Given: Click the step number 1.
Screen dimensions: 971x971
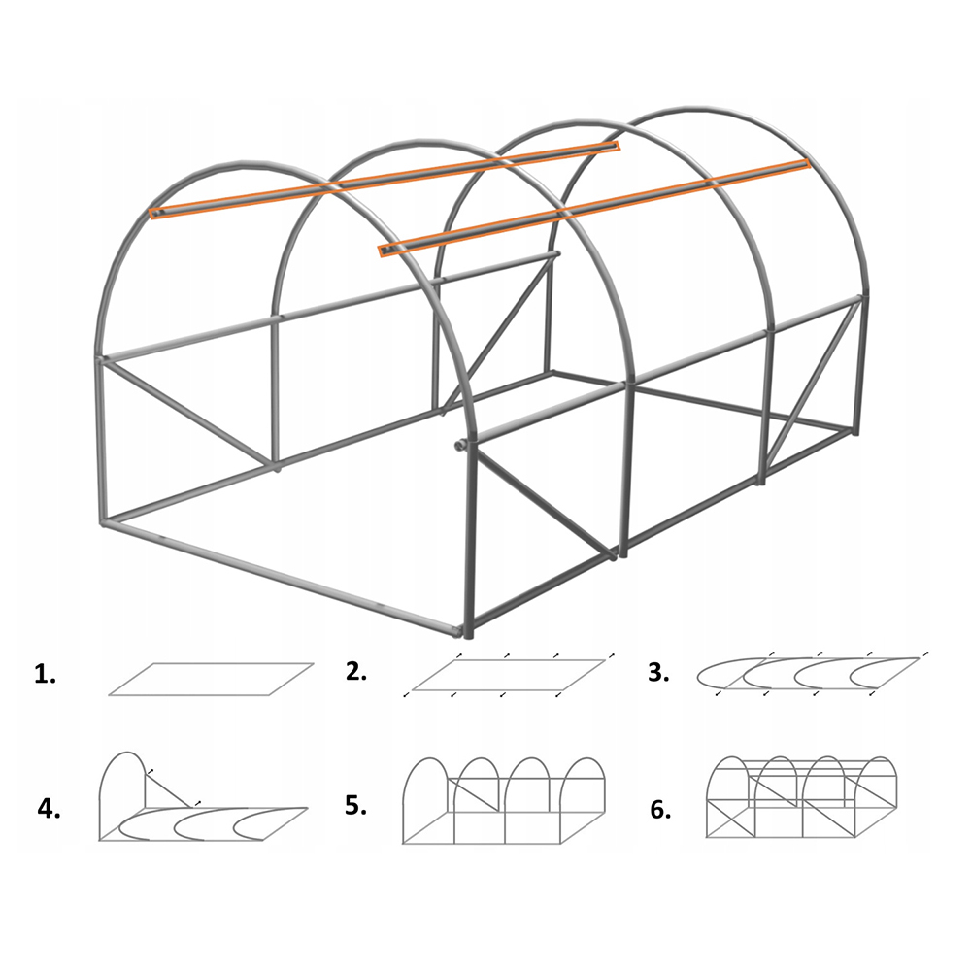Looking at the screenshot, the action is pos(45,675).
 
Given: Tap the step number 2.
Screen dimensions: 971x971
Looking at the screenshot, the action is pos(356,671).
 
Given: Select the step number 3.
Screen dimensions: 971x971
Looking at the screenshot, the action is pos(658,673).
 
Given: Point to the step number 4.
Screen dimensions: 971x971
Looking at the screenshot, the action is pos(49,809).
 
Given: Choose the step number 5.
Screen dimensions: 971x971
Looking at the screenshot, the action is pos(355,805).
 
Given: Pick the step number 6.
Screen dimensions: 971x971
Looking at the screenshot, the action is pos(660,810).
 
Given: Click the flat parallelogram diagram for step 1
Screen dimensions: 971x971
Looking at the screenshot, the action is pos(211,680).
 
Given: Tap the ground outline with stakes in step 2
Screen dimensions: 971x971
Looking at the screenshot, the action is pos(509,675).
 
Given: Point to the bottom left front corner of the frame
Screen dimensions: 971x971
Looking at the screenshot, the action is pos(105,524).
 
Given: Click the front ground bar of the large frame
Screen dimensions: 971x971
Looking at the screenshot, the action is pos(282,577).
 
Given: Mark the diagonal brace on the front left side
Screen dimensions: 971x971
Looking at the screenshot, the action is pos(189,413).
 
